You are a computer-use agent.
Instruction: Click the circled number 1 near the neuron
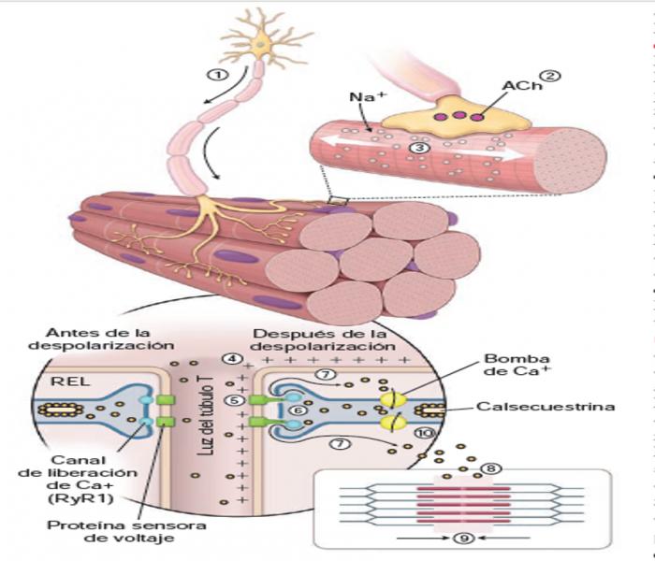(x=217, y=76)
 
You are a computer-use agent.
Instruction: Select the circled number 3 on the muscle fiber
(x=422, y=147)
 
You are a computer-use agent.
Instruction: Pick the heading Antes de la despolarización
(x=104, y=339)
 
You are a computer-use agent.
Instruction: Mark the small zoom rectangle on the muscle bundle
(x=340, y=199)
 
